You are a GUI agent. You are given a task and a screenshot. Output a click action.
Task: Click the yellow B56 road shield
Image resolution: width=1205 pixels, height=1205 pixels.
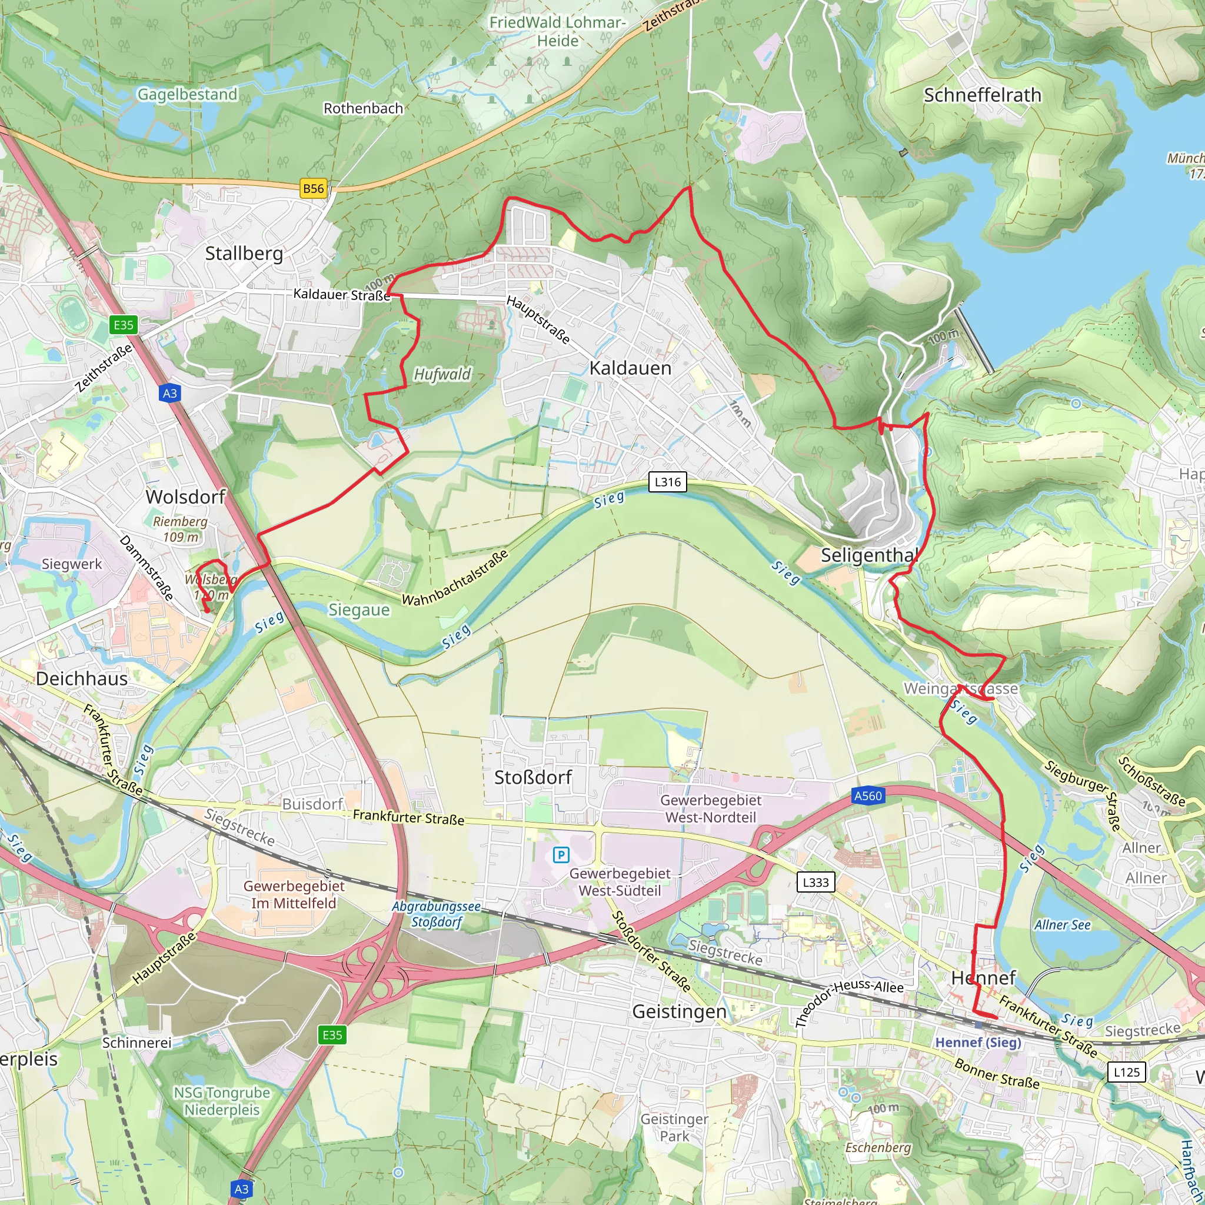click(313, 188)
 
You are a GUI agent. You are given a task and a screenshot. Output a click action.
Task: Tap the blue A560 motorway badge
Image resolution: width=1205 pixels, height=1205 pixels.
click(868, 796)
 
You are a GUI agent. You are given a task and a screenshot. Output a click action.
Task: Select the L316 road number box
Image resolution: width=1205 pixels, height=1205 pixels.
click(667, 481)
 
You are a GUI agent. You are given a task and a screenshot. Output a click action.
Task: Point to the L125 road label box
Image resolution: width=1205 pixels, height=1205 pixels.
click(1126, 1072)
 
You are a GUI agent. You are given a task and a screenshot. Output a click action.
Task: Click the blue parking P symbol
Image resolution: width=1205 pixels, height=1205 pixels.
click(561, 855)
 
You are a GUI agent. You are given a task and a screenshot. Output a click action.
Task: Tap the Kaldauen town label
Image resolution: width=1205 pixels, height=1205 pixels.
click(630, 368)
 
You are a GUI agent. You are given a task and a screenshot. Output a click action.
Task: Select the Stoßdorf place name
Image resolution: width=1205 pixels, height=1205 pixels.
click(532, 777)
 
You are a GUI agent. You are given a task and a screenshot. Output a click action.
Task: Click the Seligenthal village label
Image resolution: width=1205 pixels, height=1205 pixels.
click(869, 554)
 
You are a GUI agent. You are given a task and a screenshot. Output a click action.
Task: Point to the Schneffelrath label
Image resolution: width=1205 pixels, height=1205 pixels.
click(983, 95)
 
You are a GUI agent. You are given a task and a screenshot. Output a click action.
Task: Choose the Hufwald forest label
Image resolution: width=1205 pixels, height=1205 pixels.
click(442, 374)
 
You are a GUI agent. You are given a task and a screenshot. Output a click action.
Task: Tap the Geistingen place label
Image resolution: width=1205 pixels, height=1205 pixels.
click(679, 1011)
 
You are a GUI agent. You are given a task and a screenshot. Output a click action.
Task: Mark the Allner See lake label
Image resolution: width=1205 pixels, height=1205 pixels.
click(1062, 925)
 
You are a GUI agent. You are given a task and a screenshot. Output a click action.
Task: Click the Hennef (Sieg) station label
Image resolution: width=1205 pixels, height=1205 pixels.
click(978, 1042)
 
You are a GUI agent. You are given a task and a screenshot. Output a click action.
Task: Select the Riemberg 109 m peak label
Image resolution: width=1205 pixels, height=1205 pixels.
click(180, 529)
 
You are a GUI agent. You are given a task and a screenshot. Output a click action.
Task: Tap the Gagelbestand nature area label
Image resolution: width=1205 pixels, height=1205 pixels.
click(187, 94)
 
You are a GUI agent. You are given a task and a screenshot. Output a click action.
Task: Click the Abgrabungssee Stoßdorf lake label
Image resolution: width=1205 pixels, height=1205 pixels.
click(436, 914)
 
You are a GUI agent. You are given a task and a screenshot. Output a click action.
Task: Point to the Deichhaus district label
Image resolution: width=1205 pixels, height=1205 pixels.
click(82, 678)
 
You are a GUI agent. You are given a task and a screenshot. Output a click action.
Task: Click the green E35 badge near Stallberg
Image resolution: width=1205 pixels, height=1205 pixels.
click(124, 324)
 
